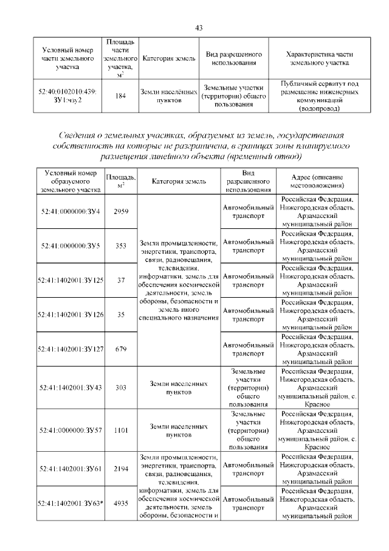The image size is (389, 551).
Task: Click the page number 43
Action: click(x=198, y=27)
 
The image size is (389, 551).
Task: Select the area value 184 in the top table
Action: click(x=120, y=96)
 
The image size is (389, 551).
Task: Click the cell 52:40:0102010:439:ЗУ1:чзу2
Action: click(x=67, y=96)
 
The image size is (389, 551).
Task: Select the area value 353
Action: click(x=120, y=246)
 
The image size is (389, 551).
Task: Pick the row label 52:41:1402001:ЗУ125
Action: click(x=71, y=281)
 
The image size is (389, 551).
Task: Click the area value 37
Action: click(x=120, y=281)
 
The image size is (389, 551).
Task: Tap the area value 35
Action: click(x=120, y=314)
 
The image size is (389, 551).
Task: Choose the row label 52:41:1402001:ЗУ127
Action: click(x=71, y=349)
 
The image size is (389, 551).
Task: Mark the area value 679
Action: click(x=120, y=349)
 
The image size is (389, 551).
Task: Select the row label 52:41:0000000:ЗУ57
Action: click(x=71, y=430)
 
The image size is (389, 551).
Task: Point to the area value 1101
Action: click(x=120, y=430)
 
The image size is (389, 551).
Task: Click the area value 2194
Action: click(x=120, y=468)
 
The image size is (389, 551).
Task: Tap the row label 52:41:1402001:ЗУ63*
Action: click(x=71, y=503)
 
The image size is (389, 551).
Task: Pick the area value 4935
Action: click(x=120, y=503)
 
